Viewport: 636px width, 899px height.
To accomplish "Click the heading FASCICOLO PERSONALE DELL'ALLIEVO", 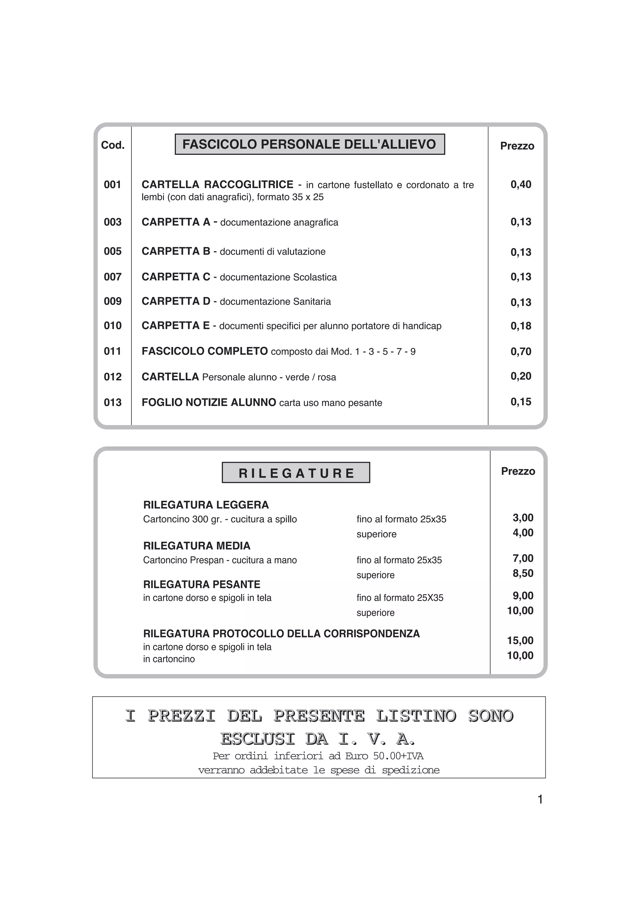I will click(309, 144).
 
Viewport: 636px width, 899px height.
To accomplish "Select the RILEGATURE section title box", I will click(296, 473).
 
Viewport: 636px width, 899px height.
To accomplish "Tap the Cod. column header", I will click(112, 145).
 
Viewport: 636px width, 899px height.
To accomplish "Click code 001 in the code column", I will click(112, 184).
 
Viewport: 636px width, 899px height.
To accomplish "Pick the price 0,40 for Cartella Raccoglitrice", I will click(521, 184).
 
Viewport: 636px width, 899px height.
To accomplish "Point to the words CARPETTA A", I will click(176, 222).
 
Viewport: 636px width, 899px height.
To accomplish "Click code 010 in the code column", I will click(112, 325).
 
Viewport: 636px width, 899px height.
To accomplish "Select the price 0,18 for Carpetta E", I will click(521, 326).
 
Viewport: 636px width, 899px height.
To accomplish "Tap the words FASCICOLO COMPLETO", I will click(204, 351).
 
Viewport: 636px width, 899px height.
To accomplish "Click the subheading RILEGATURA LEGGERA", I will click(206, 505).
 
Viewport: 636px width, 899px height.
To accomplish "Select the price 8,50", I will click(523, 573).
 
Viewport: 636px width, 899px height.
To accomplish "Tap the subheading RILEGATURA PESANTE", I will click(202, 585).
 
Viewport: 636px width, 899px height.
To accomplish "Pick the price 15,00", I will click(520, 641).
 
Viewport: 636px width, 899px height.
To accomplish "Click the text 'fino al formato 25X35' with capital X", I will click(400, 598).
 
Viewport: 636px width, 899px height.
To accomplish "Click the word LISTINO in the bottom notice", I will click(416, 716).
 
